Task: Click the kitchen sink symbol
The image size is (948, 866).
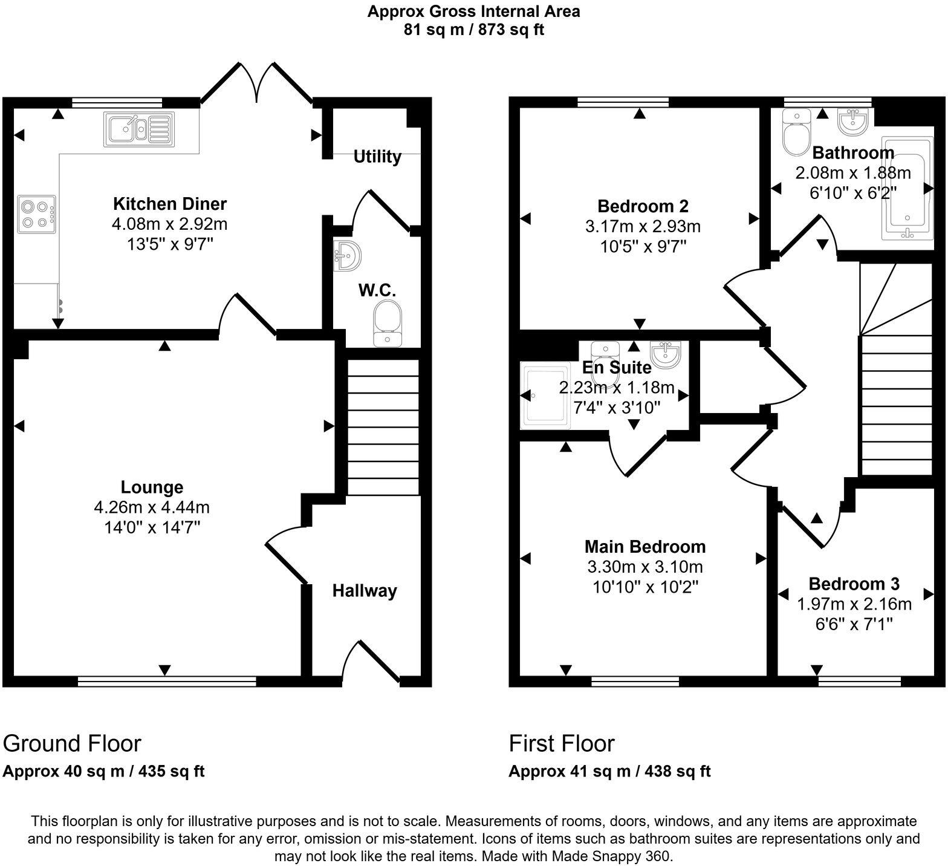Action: click(139, 129)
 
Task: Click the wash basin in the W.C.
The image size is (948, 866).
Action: click(347, 255)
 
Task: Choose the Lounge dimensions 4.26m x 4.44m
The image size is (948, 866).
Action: click(152, 507)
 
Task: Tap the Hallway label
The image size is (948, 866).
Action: click(365, 591)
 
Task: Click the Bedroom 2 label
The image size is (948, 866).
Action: click(643, 206)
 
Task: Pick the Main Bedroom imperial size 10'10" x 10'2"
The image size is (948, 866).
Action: click(644, 587)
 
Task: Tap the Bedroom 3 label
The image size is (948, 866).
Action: click(854, 584)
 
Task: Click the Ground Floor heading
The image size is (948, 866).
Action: click(72, 743)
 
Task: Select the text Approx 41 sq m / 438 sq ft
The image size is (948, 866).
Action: click(609, 771)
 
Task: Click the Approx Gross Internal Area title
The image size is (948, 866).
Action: click(473, 11)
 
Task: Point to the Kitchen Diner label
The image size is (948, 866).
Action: click(170, 203)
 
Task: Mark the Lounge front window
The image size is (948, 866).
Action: click(167, 682)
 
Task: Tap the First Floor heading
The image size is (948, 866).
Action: click(561, 743)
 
